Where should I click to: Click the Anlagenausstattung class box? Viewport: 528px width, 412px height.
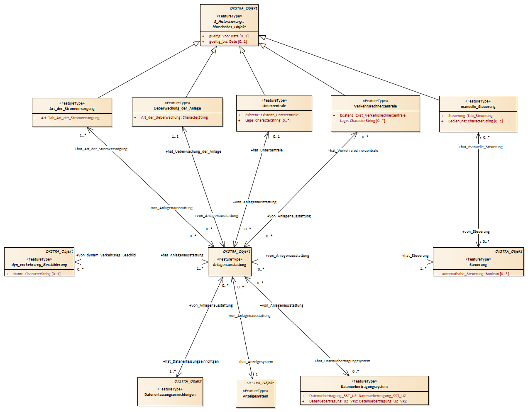coord(230,262)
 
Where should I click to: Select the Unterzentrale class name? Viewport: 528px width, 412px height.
coord(274,106)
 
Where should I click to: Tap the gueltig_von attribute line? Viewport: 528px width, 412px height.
coord(225,36)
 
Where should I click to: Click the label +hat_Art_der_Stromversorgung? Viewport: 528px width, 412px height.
coord(101,149)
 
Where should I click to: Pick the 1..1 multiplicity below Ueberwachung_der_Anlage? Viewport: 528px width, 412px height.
coord(175,137)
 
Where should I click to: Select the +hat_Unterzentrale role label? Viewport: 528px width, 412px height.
coord(266,150)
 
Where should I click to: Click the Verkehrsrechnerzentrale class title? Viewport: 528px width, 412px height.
coord(375,106)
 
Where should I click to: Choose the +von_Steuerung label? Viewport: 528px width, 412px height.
coord(476,232)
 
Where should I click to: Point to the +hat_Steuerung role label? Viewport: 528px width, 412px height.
coord(415,256)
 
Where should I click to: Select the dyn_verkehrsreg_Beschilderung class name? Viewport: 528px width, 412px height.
coord(39,265)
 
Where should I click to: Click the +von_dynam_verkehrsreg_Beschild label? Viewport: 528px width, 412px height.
coord(106,255)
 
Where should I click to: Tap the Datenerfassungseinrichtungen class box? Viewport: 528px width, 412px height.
coord(170,392)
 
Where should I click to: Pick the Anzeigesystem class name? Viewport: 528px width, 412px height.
coord(255,396)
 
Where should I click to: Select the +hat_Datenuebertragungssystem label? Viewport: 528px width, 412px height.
coord(342,361)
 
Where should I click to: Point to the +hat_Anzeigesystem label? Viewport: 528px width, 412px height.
coord(256,362)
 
